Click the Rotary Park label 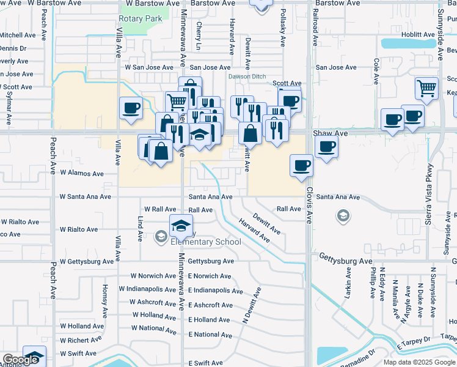(141, 18)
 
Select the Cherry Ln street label (199, 35)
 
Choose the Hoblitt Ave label (421, 35)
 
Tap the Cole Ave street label (377, 72)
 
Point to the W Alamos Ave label (81, 173)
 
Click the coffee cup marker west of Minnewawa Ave (131, 108)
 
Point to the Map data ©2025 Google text (419, 362)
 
